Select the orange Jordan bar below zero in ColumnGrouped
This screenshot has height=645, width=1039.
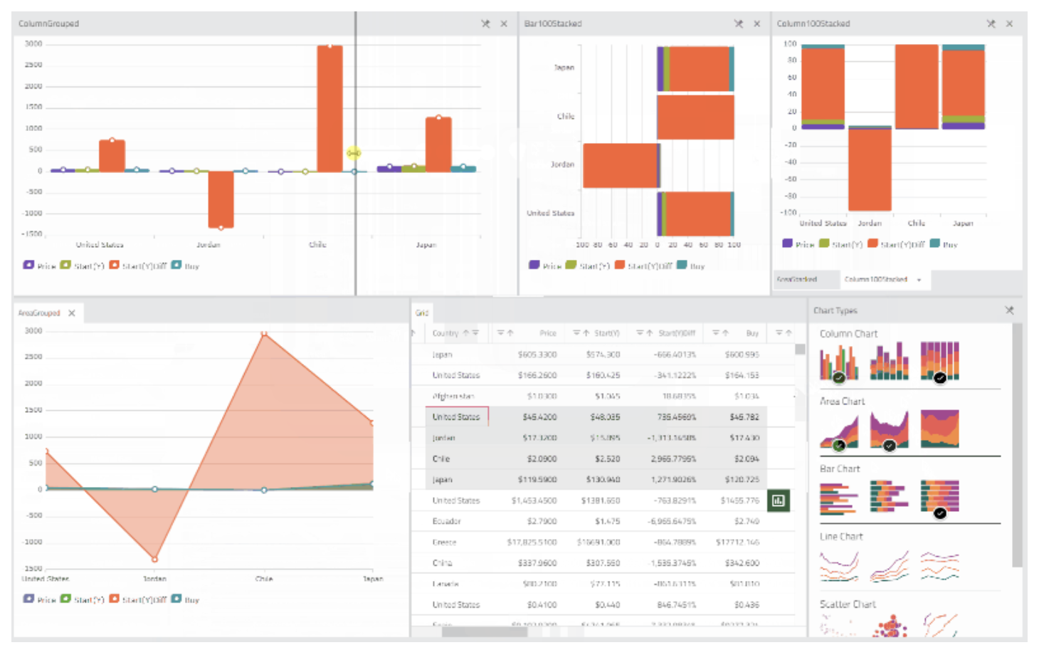coord(221,199)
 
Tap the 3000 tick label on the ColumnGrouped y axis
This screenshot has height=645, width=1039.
coord(33,44)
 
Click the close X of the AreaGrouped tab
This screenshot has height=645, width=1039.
coord(72,313)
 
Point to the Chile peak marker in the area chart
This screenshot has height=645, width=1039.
coord(264,333)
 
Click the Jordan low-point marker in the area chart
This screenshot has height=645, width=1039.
coord(155,559)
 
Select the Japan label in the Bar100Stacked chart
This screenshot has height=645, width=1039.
coord(564,68)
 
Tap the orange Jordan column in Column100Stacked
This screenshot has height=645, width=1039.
coord(870,169)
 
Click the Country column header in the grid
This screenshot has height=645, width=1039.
coord(445,333)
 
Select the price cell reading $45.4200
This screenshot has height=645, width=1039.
coord(539,417)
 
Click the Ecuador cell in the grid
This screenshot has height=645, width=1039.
coord(447,521)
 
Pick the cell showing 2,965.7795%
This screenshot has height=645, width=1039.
coord(673,459)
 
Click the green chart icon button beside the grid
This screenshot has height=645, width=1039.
coord(779,500)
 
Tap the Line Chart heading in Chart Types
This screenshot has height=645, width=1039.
coord(841,537)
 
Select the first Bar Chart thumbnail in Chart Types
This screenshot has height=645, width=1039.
coord(838,498)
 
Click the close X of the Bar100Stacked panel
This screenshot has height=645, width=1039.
coord(757,24)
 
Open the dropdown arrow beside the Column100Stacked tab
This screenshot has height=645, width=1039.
coord(919,280)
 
